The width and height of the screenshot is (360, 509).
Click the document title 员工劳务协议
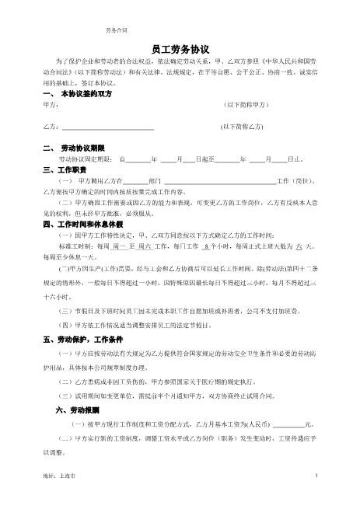(x=180, y=47)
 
